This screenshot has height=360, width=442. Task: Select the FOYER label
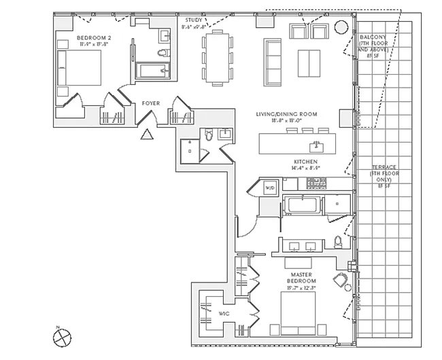point(150,103)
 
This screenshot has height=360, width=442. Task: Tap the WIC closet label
point(224,313)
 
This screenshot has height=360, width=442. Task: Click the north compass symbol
point(61,335)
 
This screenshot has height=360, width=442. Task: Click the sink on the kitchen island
point(316,145)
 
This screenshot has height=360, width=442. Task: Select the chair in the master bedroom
point(341,279)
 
